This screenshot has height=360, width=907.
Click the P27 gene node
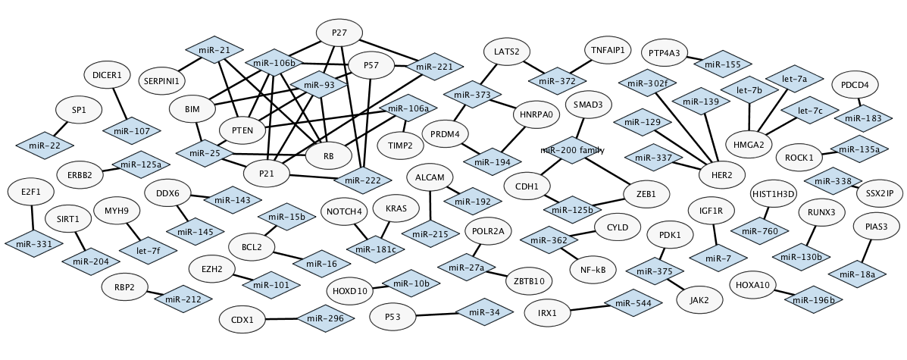pos(339,33)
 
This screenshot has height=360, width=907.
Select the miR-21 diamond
pos(214,50)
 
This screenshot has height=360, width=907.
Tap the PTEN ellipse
pos(242,130)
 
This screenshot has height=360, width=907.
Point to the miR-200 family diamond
pos(572,150)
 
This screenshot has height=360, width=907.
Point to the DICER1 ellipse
pos(107,75)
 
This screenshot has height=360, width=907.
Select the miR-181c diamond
pos(372,248)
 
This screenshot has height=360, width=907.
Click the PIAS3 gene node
pos(870,227)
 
